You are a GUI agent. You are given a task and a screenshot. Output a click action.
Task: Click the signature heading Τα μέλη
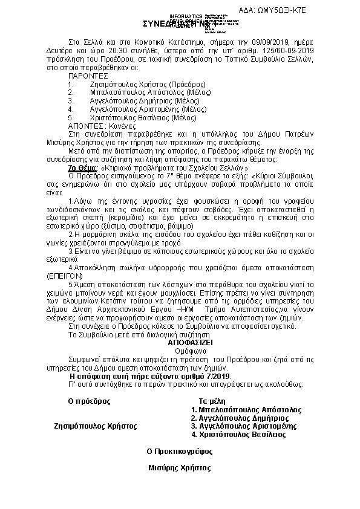212,401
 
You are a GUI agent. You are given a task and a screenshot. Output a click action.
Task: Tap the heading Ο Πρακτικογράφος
180,451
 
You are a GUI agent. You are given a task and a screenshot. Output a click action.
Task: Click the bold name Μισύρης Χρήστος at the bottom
180,467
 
